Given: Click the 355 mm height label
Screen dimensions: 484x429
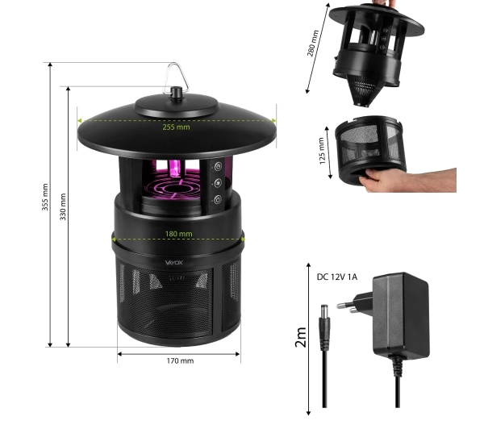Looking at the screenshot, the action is [x=45, y=197].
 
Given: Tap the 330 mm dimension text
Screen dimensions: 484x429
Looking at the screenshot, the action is [x=63, y=206].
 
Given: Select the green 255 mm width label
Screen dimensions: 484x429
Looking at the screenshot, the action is [x=176, y=127].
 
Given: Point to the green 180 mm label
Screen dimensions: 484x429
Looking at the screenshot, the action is [x=178, y=234].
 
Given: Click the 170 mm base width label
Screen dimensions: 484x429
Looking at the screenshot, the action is [x=180, y=360].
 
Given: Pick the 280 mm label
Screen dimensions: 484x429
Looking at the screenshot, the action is [x=312, y=44].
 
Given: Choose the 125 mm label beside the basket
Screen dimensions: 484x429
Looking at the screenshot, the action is [x=322, y=151].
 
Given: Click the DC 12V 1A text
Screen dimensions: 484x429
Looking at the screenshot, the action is [x=337, y=277].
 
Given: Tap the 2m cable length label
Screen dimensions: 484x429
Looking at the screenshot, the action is [x=300, y=337].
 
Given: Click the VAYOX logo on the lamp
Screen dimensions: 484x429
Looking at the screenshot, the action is [x=174, y=263].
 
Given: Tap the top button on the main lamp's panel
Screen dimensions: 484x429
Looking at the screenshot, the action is [x=219, y=167].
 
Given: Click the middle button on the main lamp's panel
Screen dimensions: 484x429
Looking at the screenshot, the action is [x=219, y=183].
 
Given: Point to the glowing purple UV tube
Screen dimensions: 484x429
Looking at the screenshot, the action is [x=173, y=169].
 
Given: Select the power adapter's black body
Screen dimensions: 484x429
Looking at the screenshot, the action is [x=401, y=315].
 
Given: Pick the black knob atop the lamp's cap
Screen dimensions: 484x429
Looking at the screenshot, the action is [x=176, y=92].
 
